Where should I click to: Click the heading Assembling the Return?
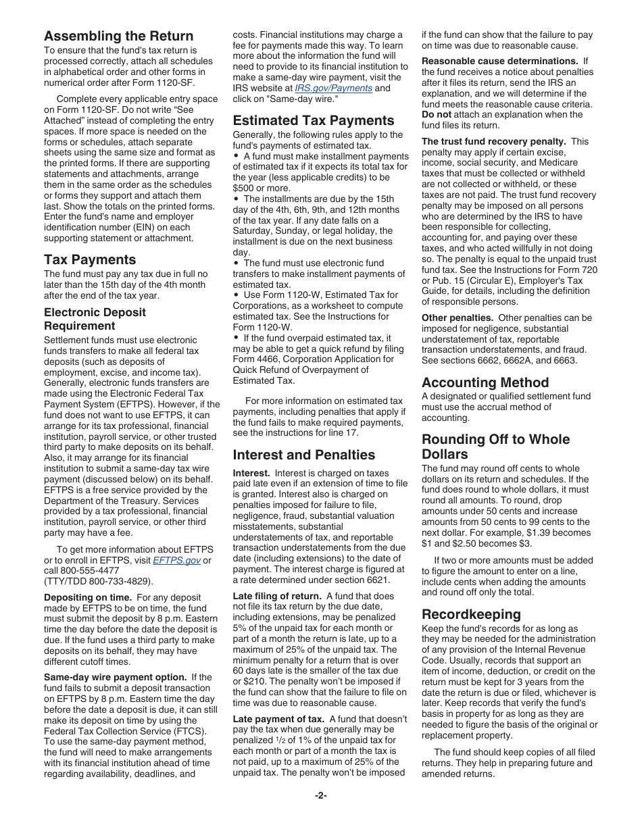click(119, 36)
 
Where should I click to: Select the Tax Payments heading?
click(90, 259)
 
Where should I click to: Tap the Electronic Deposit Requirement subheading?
click(95, 319)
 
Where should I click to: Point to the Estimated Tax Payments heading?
click(314, 120)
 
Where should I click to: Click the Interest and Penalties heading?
click(304, 455)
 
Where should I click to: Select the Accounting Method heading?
click(485, 382)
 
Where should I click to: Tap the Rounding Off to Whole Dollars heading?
click(495, 447)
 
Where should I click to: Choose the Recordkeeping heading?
click(471, 614)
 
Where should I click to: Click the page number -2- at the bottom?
click(321, 795)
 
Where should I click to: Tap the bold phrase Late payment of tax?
click(278, 718)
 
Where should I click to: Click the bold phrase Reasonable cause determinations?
click(499, 61)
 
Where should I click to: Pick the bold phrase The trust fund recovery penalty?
click(493, 141)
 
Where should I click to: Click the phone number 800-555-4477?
click(87, 571)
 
